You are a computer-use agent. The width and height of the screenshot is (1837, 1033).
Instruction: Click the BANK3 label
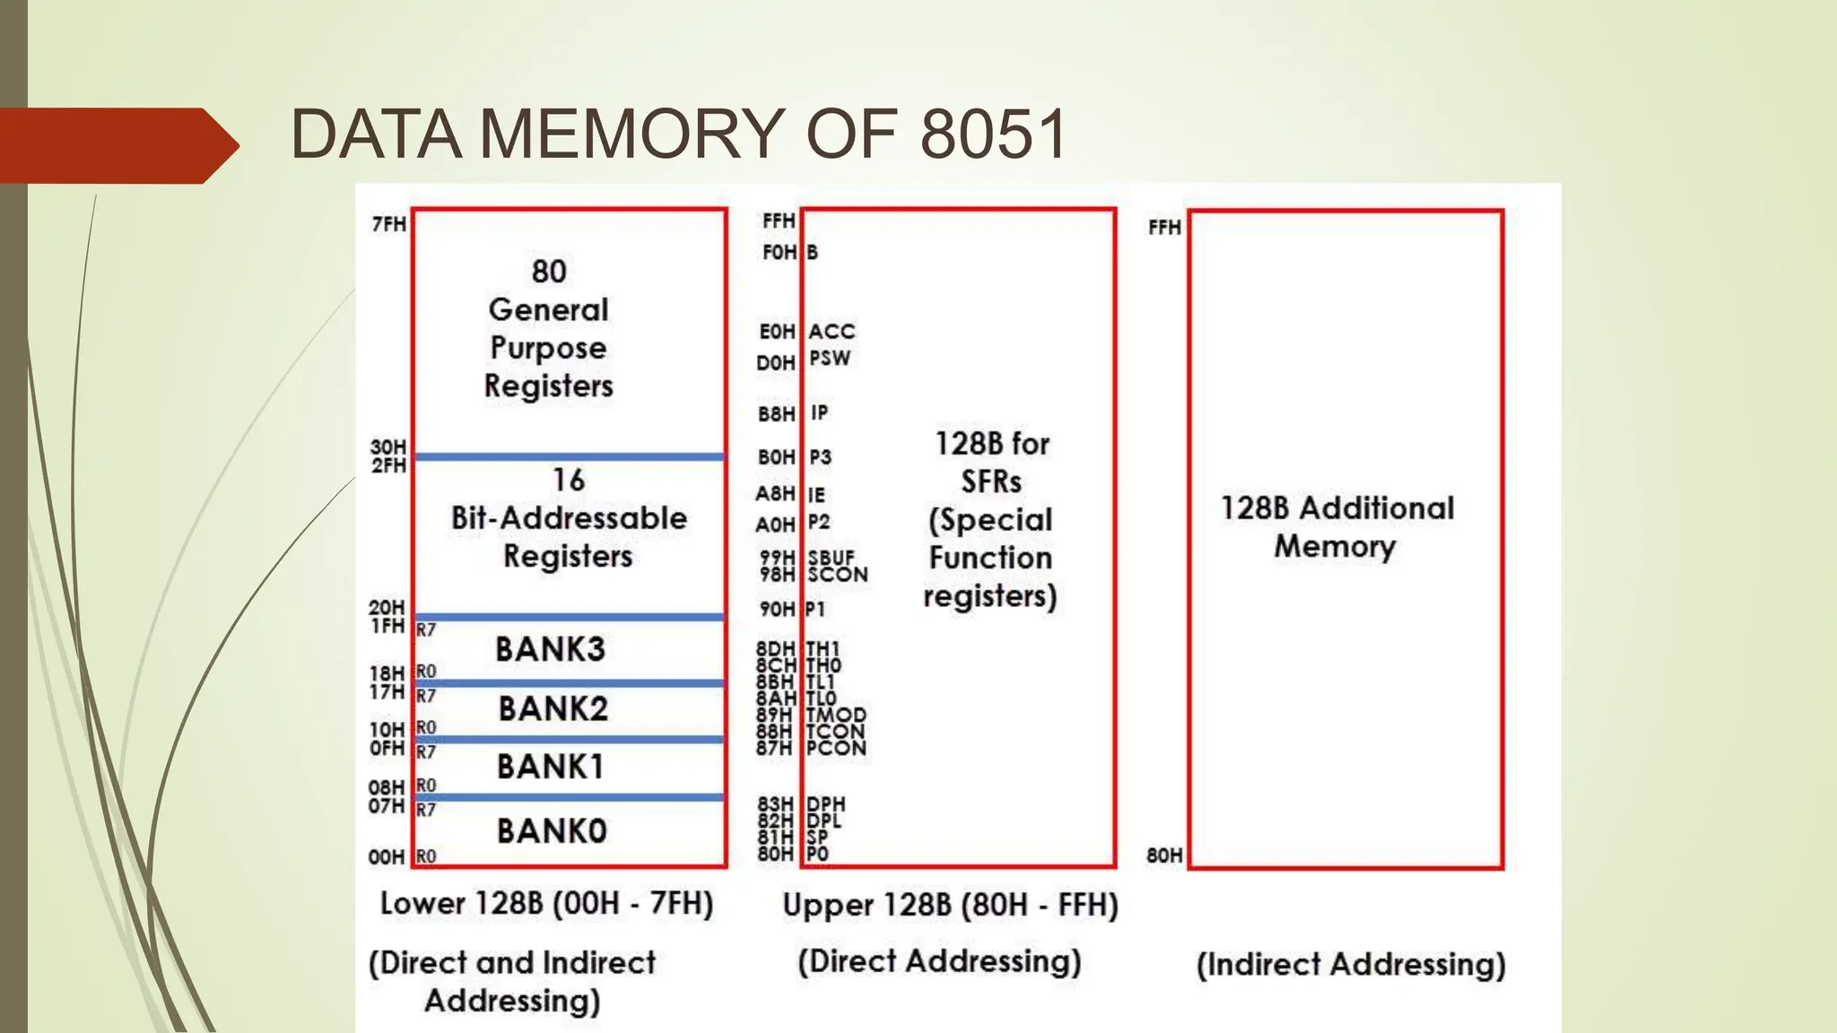pyautogui.click(x=550, y=649)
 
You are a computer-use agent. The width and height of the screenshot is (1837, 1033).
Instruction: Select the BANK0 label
pyautogui.click(x=552, y=831)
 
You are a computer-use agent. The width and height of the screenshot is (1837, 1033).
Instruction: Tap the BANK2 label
pyautogui.click(x=553, y=709)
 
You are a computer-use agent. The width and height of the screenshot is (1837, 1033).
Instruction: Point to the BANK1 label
pyautogui.click(x=550, y=768)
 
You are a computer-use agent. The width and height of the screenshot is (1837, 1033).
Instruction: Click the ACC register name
pyautogui.click(x=831, y=332)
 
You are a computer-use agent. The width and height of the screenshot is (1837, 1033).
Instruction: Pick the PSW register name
pyautogui.click(x=829, y=359)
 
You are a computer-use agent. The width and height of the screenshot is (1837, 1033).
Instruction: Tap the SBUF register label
pyautogui.click(x=831, y=558)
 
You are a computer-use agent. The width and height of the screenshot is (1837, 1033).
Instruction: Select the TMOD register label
pyautogui.click(x=836, y=716)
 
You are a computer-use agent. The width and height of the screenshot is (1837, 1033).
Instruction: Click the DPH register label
pyautogui.click(x=825, y=804)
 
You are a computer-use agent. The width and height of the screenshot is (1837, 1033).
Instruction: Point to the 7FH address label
pyautogui.click(x=389, y=224)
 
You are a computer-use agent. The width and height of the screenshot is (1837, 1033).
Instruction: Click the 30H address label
pyautogui.click(x=388, y=447)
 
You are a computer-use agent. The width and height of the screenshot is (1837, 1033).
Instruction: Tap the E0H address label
pyautogui.click(x=777, y=332)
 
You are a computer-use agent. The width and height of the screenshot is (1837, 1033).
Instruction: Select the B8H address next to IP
pyautogui.click(x=777, y=414)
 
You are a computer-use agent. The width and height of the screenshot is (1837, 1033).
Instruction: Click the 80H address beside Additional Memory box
pyautogui.click(x=1164, y=855)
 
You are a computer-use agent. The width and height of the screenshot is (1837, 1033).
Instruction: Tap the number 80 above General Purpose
pyautogui.click(x=549, y=272)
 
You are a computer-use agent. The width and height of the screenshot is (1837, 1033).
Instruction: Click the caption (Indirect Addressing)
pyautogui.click(x=1351, y=965)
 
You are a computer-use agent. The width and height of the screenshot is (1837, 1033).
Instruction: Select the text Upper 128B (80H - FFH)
pyautogui.click(x=950, y=905)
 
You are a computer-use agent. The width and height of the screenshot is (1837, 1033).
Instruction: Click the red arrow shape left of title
pyautogui.click(x=117, y=145)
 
